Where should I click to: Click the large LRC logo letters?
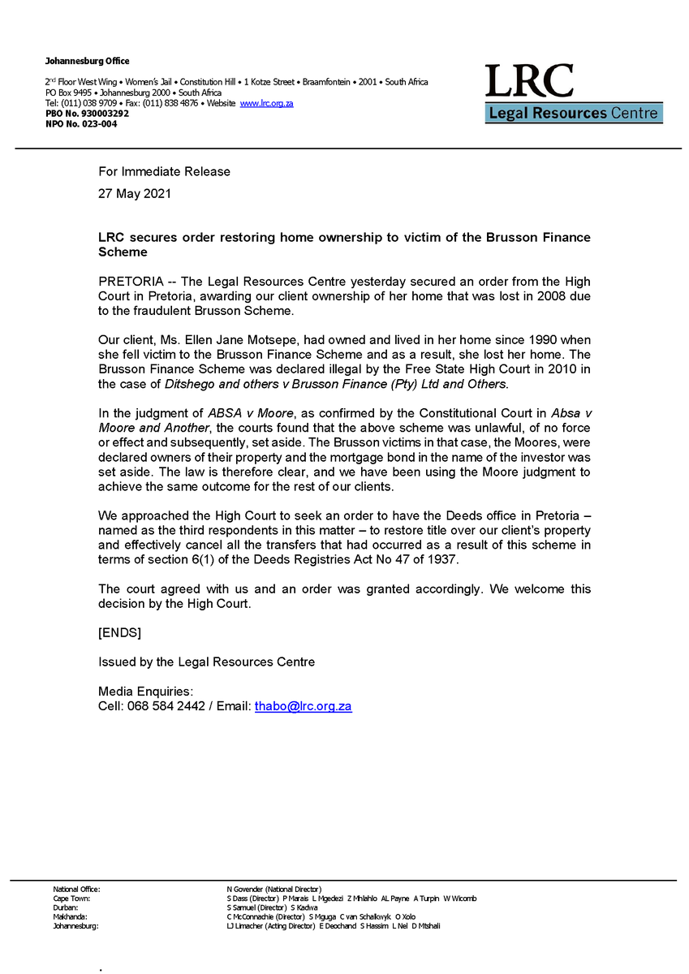coord(529,81)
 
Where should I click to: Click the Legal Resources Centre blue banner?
coord(574,114)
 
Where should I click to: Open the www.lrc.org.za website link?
coord(266,104)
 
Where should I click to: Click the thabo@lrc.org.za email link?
coord(303,707)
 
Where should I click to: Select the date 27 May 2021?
coord(135,194)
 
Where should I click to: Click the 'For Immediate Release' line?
coord(164,171)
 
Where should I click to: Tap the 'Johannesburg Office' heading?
coord(88,62)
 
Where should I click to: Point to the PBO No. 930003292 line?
coord(87,114)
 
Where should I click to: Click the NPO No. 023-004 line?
coord(81,124)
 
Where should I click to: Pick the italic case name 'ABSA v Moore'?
coord(239,412)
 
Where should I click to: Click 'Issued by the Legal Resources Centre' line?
coord(206,662)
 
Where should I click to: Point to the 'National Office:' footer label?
coord(77,890)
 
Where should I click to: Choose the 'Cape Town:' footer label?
coord(71,899)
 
